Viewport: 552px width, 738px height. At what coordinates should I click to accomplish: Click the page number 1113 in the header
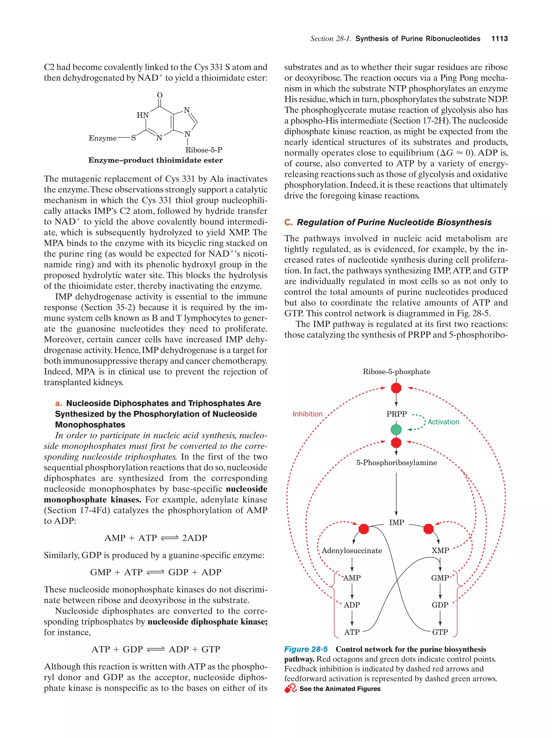[499, 39]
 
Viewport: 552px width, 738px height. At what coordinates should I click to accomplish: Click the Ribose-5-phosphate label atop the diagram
[396, 372]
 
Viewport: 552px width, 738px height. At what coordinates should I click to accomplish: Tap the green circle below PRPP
[396, 429]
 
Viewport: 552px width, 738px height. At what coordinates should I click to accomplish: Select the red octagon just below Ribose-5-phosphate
[396, 388]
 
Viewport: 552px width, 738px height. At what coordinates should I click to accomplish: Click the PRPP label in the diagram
[396, 414]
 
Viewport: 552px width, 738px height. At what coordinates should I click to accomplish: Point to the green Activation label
[443, 422]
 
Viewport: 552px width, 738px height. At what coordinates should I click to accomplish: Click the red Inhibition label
[307, 414]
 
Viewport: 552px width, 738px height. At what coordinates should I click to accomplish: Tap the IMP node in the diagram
[396, 523]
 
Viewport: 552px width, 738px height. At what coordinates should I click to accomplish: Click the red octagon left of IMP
[364, 529]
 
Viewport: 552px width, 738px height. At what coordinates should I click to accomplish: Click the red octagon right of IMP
[429, 529]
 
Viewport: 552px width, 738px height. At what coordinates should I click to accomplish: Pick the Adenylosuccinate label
[352, 551]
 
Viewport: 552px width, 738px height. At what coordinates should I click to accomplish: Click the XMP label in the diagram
[440, 551]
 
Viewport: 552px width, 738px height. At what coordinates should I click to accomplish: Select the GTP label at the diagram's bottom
[440, 632]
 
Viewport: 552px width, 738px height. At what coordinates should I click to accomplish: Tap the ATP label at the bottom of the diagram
[352, 632]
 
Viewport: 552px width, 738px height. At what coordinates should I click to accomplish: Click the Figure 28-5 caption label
[306, 649]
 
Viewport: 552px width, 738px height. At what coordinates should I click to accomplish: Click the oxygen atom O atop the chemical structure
[160, 95]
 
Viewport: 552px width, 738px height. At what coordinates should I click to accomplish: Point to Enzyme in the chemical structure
[102, 138]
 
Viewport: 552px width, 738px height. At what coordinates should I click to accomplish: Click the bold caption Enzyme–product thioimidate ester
[155, 160]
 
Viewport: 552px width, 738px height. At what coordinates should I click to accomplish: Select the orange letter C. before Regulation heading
[288, 223]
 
